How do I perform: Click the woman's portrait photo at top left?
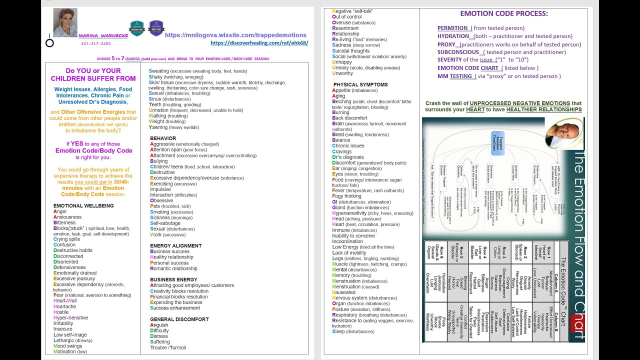pyautogui.click(x=65, y=23)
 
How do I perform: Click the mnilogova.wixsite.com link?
pyautogui.click(x=235, y=35)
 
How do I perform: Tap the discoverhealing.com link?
pyautogui.click(x=259, y=43)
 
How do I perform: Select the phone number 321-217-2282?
pyautogui.click(x=95, y=43)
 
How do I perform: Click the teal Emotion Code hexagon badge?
pyautogui.click(x=136, y=28)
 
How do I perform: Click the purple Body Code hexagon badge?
pyautogui.click(x=156, y=28)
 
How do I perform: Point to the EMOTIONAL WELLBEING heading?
pyautogui.click(x=83, y=205)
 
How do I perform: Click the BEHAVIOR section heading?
pyautogui.click(x=163, y=138)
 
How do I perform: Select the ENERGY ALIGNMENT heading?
pyautogui.click(x=175, y=245)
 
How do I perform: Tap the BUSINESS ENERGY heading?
pyautogui.click(x=173, y=279)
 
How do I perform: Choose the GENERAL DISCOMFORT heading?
pyautogui.click(x=179, y=319)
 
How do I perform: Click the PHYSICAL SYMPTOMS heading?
pyautogui.click(x=360, y=84)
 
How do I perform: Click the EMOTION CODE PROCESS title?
pyautogui.click(x=504, y=13)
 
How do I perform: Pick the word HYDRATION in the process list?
pyautogui.click(x=454, y=36)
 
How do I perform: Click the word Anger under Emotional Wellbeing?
pyautogui.click(x=60, y=211)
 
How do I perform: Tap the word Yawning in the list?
pyautogui.click(x=158, y=127)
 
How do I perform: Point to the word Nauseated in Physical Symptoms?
pyautogui.click(x=343, y=292)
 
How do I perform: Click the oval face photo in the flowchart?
pyautogui.click(x=563, y=133)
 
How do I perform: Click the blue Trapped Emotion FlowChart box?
pyautogui.click(x=498, y=143)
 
